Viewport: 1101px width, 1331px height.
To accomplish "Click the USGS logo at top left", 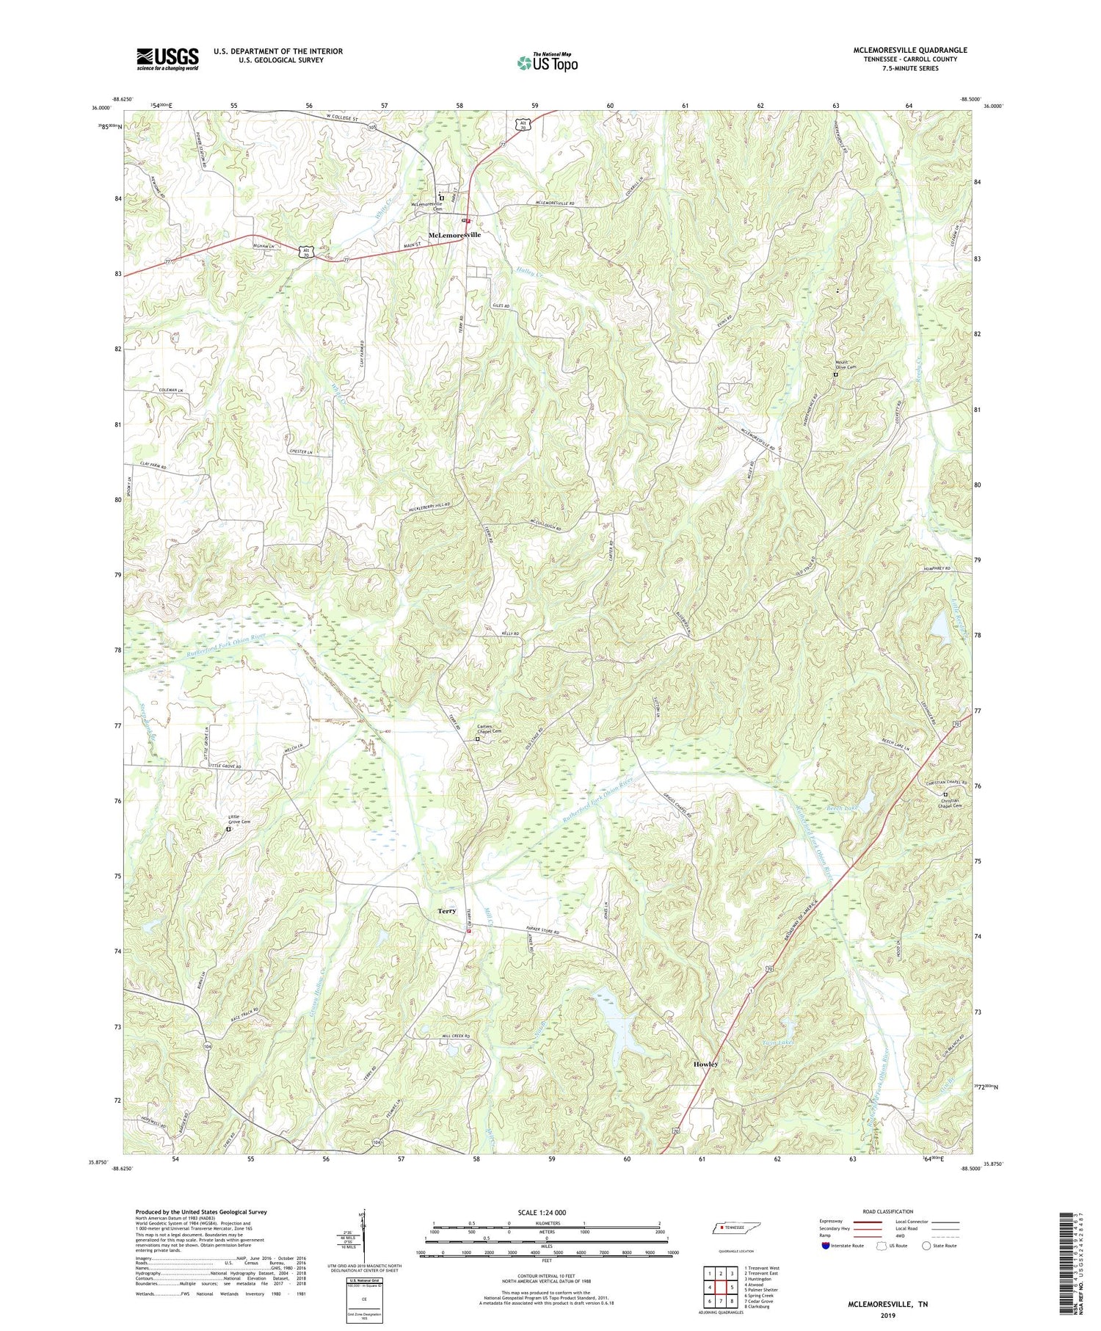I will coord(167,59).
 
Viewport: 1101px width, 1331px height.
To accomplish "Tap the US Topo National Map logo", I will coord(547,62).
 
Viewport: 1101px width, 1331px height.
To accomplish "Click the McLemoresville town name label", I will coord(454,235).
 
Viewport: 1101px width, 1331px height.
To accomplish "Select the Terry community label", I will coord(447,911).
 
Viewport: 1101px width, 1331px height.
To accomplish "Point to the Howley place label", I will coord(705,1064).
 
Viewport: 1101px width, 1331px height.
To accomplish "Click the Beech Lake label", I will coord(842,808).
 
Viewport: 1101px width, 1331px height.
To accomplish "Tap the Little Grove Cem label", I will coord(239,822).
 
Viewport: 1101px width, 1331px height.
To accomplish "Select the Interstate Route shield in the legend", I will coord(826,1245).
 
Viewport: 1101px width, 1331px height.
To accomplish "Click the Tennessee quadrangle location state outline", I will coord(734,1228).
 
